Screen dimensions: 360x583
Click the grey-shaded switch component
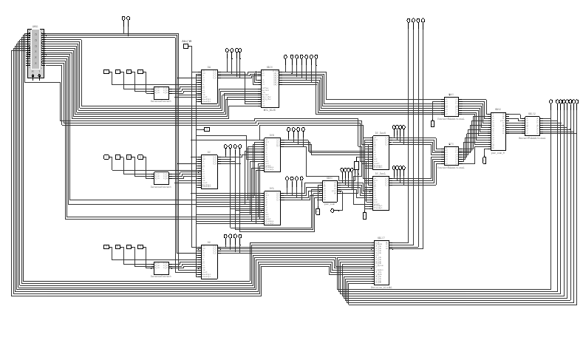[35, 49]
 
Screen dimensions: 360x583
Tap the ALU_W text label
[186, 41]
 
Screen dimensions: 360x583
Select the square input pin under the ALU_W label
[185, 47]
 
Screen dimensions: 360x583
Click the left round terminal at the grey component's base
[32, 75]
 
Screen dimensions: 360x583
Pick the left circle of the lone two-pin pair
[123, 18]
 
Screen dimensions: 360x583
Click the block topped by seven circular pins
[270, 89]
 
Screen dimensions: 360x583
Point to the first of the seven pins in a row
[285, 56]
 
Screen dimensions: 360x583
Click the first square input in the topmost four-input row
[106, 72]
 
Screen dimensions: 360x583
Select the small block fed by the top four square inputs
[161, 92]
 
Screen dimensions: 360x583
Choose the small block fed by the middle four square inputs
[161, 177]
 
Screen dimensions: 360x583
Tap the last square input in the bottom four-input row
[140, 247]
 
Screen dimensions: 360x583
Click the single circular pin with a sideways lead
[332, 211]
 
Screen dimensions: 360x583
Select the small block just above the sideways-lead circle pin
[330, 191]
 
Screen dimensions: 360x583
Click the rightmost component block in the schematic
[531, 126]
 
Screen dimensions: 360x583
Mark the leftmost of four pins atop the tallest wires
[409, 21]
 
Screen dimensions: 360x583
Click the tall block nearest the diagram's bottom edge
[381, 262]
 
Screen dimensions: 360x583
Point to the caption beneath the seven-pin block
[270, 110]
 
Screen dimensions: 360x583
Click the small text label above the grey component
[35, 27]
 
